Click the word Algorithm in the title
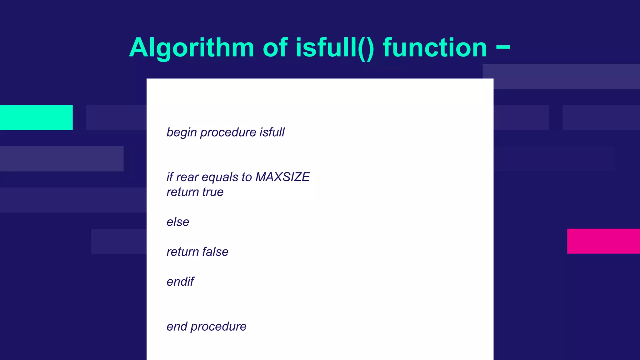(x=192, y=48)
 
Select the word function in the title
(x=435, y=48)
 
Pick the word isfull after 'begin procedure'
(x=272, y=132)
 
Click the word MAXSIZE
(x=282, y=177)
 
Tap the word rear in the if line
(x=187, y=177)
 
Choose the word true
(x=213, y=192)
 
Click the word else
(x=178, y=222)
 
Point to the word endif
(x=180, y=282)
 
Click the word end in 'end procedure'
(x=177, y=327)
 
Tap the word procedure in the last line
(x=218, y=327)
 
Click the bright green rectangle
(x=36, y=117)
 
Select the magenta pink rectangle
(x=603, y=241)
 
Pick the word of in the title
(x=275, y=48)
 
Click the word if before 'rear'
(x=170, y=177)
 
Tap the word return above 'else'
(x=182, y=192)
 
